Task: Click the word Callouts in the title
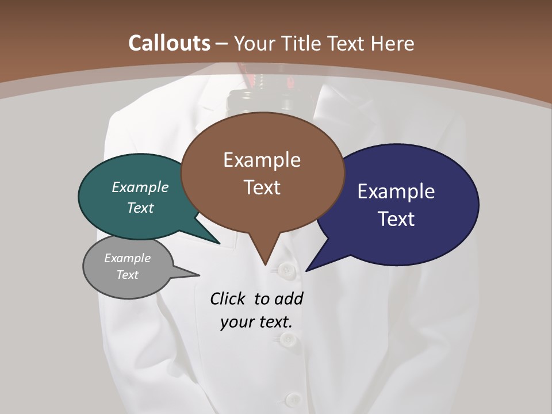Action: click(169, 43)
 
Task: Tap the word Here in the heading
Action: click(393, 43)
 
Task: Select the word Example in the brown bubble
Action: click(262, 160)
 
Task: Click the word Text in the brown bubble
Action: click(262, 187)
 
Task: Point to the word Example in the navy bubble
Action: click(396, 191)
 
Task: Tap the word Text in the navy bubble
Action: click(396, 219)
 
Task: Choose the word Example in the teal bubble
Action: click(140, 187)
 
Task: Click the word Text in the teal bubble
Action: click(140, 208)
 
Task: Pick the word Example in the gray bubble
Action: click(127, 258)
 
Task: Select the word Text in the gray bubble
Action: click(127, 275)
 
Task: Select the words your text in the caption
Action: click(256, 322)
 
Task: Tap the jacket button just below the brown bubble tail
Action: click(285, 269)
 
